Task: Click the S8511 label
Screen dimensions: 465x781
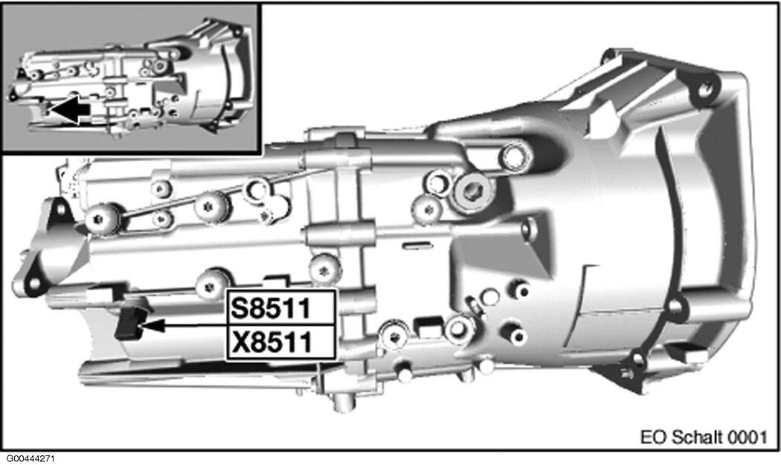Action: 280,307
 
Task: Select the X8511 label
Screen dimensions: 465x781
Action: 280,342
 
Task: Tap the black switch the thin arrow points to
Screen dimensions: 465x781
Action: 129,322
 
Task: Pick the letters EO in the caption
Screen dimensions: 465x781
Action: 651,435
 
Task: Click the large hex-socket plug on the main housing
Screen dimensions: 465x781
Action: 472,191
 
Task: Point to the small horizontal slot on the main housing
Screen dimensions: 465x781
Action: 416,244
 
